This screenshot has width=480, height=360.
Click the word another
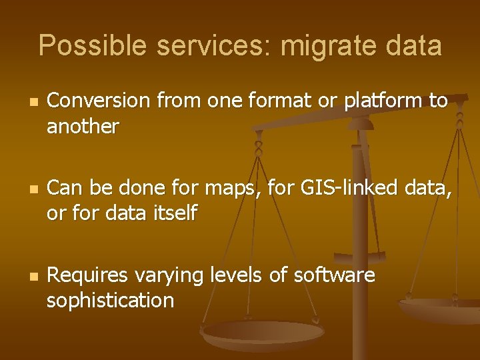(83, 126)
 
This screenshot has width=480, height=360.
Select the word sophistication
(110, 301)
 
